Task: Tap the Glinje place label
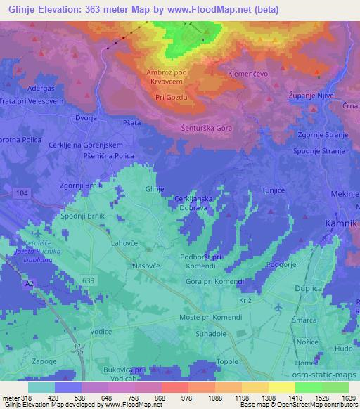coord(154,190)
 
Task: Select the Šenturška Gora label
coord(206,129)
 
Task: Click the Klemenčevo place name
coord(249,72)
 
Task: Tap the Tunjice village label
coord(271,189)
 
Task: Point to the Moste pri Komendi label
coord(211,317)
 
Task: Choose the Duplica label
coord(309,289)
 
